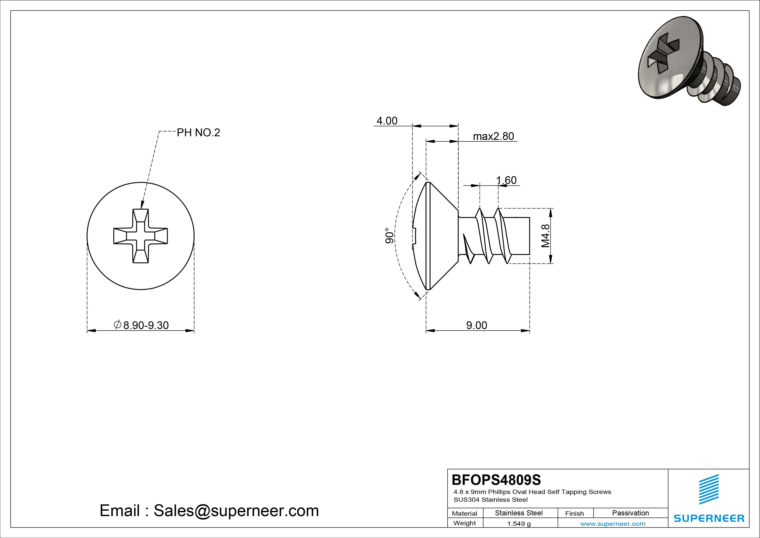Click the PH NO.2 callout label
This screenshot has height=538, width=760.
[x=198, y=133]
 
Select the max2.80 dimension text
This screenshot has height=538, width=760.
[x=494, y=136]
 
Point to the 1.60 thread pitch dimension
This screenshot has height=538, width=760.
[x=506, y=180]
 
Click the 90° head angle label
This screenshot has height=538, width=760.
[x=390, y=236]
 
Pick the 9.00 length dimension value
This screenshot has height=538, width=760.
[x=477, y=325]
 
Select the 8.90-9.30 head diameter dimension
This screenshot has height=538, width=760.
[x=141, y=325]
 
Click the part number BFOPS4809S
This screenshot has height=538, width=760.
[x=496, y=480]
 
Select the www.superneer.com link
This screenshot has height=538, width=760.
[x=613, y=524]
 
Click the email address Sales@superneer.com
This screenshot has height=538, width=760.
[x=236, y=511]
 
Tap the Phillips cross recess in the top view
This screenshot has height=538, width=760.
[x=141, y=236]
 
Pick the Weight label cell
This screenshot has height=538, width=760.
[x=464, y=523]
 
